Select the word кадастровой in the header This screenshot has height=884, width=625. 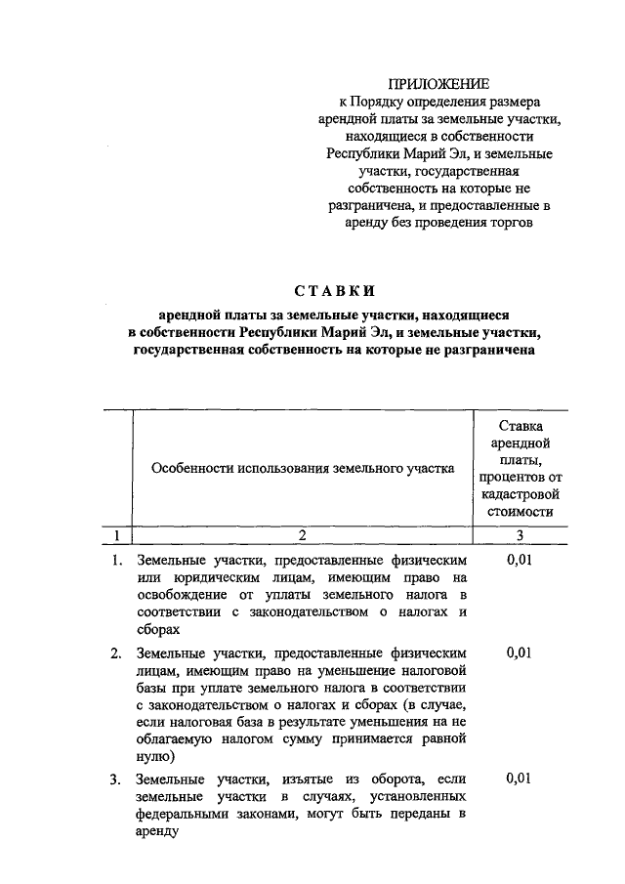pos(520,493)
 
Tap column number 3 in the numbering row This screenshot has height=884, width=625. pos(520,534)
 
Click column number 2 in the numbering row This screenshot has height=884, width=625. pos(303,534)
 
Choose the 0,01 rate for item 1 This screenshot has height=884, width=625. pos(520,560)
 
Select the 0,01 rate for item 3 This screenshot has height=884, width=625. pos(520,779)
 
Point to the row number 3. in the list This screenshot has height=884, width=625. pos(115,779)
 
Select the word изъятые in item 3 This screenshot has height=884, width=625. pos(312,779)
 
